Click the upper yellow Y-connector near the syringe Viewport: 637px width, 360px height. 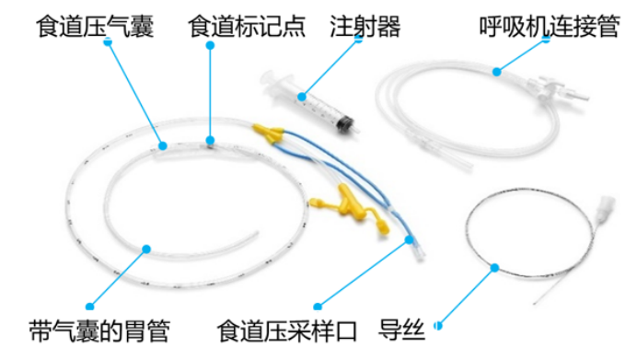click(x=269, y=134)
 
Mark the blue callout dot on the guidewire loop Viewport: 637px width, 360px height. click(x=494, y=268)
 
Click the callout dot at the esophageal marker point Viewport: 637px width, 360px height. click(x=211, y=141)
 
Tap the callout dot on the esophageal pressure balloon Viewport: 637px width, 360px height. click(x=162, y=144)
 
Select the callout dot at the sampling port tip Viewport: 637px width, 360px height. click(x=408, y=239)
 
